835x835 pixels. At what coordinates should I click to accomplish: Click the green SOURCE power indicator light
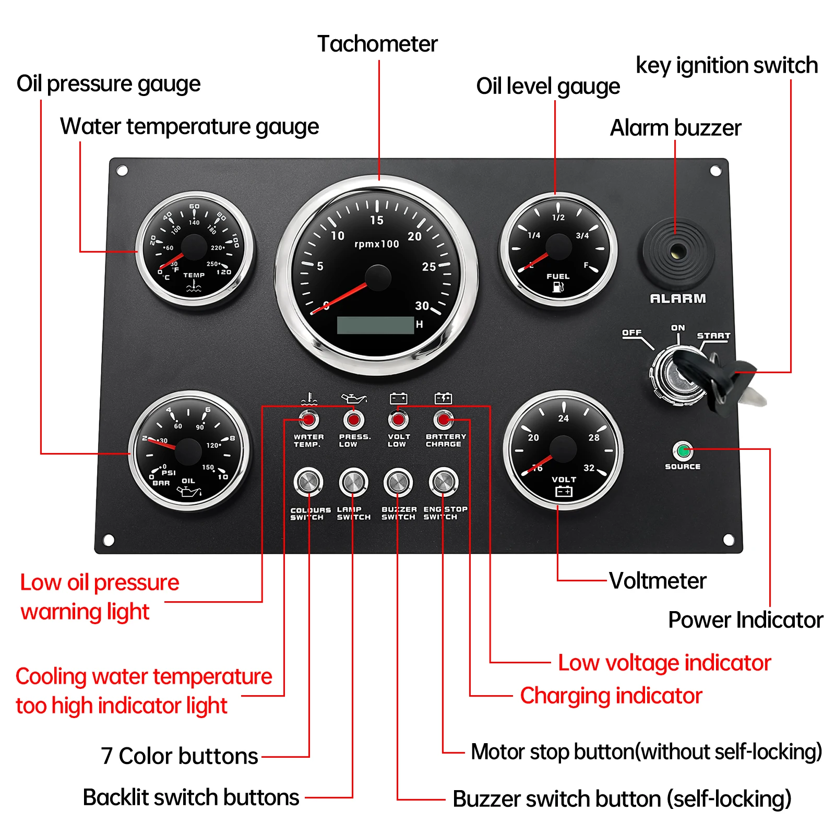pos(683,450)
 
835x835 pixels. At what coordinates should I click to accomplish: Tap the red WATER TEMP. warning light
pos(308,419)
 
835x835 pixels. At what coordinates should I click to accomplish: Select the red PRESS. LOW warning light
pos(353,419)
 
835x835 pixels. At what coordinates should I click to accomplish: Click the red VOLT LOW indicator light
pos(398,419)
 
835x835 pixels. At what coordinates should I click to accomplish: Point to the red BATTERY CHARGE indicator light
pos(444,419)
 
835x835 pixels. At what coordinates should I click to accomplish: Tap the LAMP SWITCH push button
pos(353,481)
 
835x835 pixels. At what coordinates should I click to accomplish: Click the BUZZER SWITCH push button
pos(398,481)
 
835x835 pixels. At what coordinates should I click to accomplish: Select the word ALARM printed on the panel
pos(677,299)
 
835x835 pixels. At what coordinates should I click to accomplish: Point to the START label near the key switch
pos(713,336)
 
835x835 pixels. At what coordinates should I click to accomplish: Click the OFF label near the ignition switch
pos(631,332)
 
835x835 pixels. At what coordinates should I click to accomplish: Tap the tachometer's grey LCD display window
pos(375,325)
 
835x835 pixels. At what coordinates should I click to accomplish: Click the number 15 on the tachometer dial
pos(377,220)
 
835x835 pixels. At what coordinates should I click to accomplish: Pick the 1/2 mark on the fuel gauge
pos(558,218)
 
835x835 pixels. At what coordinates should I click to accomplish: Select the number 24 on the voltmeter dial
pos(564,418)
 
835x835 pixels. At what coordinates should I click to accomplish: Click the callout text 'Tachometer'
pos(377,44)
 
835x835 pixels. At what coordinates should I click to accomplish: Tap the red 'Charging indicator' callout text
pos(611,696)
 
